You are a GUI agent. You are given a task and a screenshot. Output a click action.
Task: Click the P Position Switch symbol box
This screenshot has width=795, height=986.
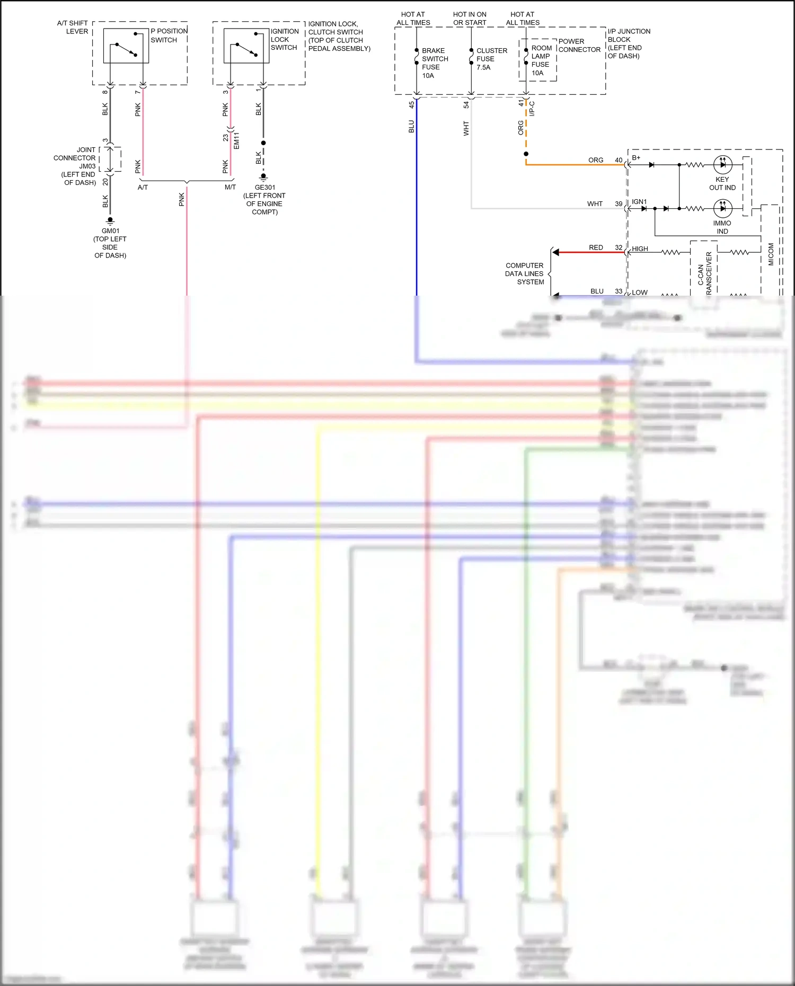[x=126, y=46]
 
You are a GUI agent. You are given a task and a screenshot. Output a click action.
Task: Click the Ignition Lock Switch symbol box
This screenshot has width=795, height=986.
[x=246, y=46]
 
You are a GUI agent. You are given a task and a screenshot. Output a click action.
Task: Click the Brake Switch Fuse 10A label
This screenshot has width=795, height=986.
[x=434, y=63]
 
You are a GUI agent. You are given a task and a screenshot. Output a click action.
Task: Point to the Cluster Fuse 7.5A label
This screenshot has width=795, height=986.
[x=491, y=59]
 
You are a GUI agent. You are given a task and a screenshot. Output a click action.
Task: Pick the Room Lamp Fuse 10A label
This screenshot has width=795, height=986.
[x=541, y=60]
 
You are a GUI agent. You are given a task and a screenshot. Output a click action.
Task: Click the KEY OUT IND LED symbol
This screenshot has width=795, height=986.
[x=723, y=165]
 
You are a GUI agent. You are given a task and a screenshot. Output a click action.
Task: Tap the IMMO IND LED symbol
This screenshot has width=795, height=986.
[x=723, y=208]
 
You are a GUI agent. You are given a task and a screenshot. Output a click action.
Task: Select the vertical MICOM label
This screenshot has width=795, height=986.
[x=771, y=254]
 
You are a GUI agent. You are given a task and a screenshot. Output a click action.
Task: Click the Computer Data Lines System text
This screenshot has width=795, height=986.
[x=524, y=274]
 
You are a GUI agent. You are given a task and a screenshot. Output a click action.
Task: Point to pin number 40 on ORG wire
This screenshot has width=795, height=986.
[x=619, y=160]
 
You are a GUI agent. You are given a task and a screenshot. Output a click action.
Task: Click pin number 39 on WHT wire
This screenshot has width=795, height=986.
[x=619, y=203]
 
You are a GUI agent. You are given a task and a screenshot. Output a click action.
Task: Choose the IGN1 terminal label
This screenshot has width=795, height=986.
[x=639, y=202]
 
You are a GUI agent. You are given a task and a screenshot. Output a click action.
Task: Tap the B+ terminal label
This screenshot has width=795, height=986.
[x=636, y=158]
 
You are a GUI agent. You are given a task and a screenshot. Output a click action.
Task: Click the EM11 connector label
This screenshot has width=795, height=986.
[x=237, y=140]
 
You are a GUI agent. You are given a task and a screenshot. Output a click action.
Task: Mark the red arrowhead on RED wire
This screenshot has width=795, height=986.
[x=555, y=252]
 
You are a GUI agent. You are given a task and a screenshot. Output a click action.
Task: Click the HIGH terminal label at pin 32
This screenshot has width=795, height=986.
[x=640, y=248]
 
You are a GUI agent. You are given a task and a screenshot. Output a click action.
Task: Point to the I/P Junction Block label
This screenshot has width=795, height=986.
[x=629, y=43]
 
